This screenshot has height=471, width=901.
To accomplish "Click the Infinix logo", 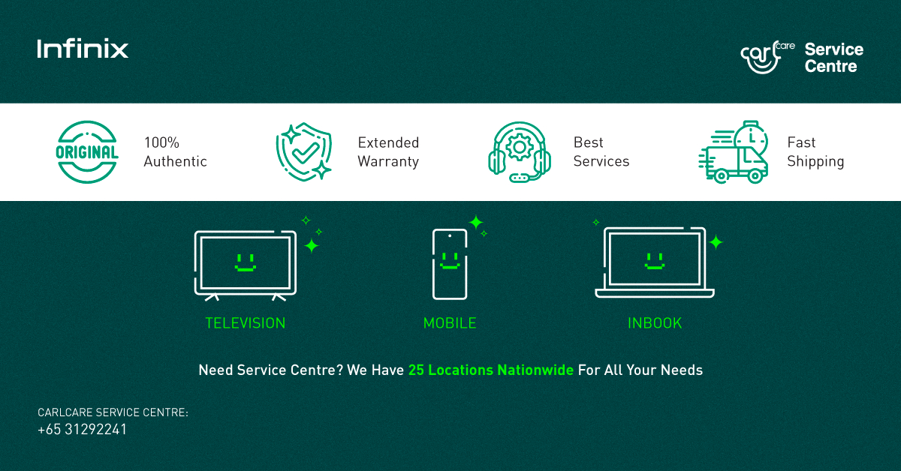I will click(x=83, y=49).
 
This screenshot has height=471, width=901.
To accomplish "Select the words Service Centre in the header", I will click(x=833, y=58).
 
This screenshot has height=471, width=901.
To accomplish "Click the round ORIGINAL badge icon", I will click(x=87, y=152).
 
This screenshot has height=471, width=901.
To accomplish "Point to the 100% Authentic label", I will click(x=175, y=152).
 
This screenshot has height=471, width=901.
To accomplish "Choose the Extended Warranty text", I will click(x=388, y=152).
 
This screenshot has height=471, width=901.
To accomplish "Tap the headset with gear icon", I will click(x=519, y=152).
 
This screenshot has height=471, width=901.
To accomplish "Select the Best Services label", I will click(x=601, y=152).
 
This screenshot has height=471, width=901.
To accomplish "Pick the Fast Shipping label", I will click(x=815, y=152).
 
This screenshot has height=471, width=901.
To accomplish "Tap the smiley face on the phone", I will click(x=450, y=262).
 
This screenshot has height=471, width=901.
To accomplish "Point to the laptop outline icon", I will click(x=655, y=262).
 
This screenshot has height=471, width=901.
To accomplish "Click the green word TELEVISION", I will click(x=246, y=323).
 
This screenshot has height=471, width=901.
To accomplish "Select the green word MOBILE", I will click(x=450, y=323).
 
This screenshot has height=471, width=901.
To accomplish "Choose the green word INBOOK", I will click(x=655, y=323).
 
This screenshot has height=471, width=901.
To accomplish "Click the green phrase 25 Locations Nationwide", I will click(x=491, y=370).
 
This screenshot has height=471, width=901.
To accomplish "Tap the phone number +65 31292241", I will click(x=82, y=430).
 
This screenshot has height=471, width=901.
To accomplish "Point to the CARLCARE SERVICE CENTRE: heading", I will click(x=113, y=412).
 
